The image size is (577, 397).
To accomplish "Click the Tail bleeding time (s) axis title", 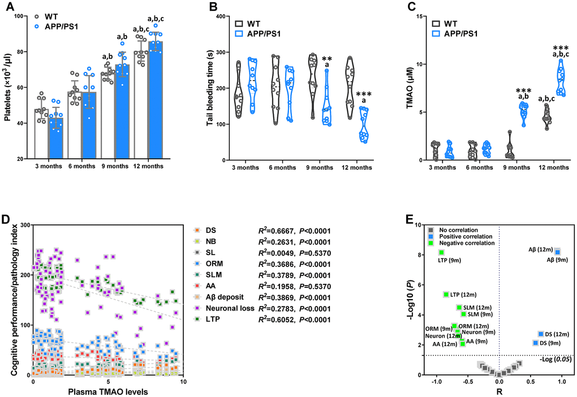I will click(211, 88).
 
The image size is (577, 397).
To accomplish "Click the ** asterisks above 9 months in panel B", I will click(326, 59).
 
